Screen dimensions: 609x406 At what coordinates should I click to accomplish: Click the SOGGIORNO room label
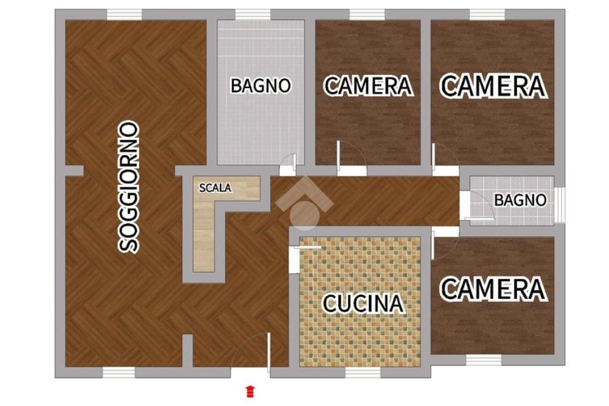(128, 187)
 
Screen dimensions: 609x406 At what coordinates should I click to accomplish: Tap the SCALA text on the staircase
(215, 188)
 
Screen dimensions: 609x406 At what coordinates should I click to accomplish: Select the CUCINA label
(363, 303)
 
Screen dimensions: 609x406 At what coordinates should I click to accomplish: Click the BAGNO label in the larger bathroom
(260, 86)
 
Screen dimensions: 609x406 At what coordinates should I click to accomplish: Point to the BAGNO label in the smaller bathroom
(520, 200)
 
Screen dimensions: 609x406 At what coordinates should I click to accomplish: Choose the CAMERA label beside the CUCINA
(493, 289)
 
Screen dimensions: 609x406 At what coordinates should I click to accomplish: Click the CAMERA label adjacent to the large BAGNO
(368, 86)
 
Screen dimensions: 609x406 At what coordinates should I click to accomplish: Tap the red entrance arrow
(250, 391)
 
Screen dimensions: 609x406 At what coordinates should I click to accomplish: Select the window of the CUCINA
(363, 372)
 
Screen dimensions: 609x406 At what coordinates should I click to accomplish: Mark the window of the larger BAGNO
(253, 15)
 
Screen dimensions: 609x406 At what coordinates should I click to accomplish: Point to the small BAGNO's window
(559, 205)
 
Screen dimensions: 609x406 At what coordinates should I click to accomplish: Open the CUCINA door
(305, 256)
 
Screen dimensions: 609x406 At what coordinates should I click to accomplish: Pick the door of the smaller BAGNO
(478, 208)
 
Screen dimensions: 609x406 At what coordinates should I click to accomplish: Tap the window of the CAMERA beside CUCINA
(484, 360)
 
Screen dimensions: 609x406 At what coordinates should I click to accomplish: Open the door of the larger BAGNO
(288, 165)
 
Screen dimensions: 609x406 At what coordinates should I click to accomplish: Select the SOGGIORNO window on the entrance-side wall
(119, 372)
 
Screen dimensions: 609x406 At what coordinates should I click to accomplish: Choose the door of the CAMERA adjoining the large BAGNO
(351, 157)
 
